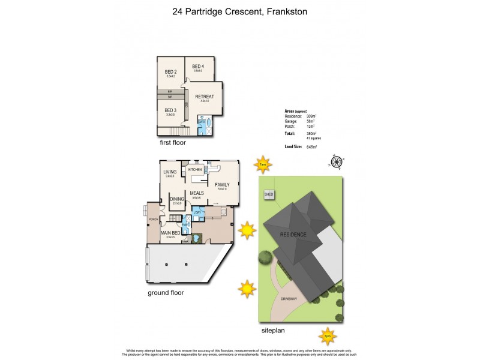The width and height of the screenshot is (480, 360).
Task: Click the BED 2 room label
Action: click(170, 73)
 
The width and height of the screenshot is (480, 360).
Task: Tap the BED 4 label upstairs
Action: click(198, 67)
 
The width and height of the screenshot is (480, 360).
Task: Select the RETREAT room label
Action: click(205, 96)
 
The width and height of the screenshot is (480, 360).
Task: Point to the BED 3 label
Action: click(170, 110)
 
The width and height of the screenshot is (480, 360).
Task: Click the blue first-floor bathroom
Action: click(202, 127)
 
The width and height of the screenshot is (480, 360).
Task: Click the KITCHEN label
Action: click(196, 170)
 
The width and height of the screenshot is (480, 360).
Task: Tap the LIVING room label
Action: click(170, 172)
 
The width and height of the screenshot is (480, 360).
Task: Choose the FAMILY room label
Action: click(223, 185)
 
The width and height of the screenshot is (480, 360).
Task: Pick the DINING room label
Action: click(176, 199)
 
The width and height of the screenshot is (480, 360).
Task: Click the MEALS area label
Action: click(197, 193)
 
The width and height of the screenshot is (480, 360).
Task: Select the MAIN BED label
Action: click(170, 232)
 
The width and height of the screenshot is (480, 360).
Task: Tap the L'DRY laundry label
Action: click(197, 214)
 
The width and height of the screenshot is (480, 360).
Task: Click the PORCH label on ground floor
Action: click(153, 218)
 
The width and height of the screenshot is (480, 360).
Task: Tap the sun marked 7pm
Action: click(328, 334)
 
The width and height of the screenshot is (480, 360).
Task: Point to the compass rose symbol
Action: click(337, 161)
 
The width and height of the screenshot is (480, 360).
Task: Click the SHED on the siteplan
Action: click(268, 194)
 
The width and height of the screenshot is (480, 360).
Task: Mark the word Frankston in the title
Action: click(284, 11)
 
